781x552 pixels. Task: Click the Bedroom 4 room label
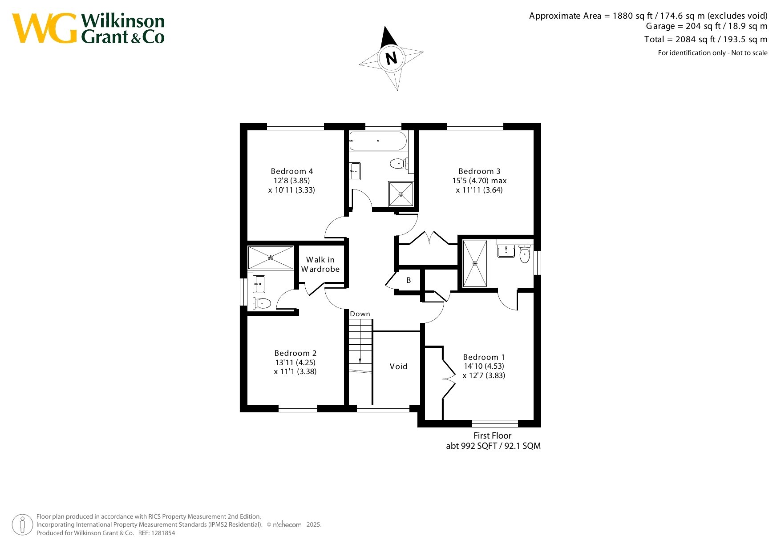(291, 171)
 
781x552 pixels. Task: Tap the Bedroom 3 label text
(479, 171)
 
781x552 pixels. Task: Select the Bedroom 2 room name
(295, 353)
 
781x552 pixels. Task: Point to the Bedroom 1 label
(484, 357)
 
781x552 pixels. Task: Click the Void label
(398, 367)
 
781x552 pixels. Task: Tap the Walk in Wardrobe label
(320, 264)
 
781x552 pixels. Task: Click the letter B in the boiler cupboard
(409, 280)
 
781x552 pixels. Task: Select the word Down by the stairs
(360, 314)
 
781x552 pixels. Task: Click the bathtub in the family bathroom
(378, 141)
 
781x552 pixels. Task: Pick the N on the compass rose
(391, 58)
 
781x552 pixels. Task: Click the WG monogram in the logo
(45, 28)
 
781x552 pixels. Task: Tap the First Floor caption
(492, 436)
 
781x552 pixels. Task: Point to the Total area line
(706, 40)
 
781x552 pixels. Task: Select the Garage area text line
(707, 26)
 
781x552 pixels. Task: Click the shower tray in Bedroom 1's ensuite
(475, 264)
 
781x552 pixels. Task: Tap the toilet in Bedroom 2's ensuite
(262, 303)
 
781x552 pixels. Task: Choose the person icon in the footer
(22, 525)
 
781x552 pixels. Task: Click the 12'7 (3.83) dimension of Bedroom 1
(484, 375)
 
